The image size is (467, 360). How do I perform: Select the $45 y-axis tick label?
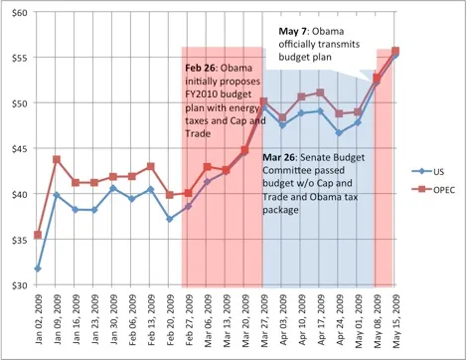[18, 148]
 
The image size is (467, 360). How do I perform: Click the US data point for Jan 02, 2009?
[37, 269]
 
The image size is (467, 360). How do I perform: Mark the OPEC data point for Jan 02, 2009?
[37, 235]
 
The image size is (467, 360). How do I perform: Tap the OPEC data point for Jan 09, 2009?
[56, 159]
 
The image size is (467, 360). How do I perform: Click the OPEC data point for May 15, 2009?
[395, 51]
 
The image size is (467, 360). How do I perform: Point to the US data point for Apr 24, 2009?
[339, 132]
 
